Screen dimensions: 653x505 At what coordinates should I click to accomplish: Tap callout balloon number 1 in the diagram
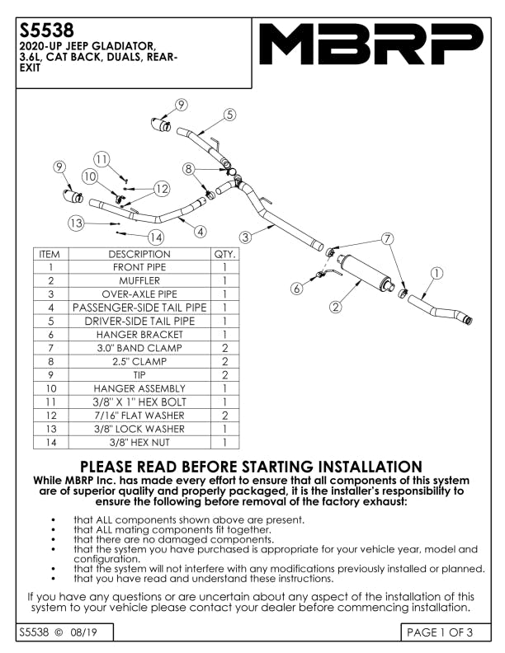coord(437,272)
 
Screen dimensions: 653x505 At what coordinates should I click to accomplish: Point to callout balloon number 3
coord(246,237)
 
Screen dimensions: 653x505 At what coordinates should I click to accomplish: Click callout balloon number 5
coord(229,115)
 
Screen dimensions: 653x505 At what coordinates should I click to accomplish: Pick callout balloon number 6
coord(296,289)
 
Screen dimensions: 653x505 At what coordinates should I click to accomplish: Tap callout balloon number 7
coord(387,238)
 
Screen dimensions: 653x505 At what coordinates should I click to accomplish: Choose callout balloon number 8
coord(189,169)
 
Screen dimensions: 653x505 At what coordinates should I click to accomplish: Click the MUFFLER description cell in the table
coord(139,280)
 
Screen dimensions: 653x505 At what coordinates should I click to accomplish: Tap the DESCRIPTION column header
coord(139,254)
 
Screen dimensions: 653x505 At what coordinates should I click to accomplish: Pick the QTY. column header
coord(224,254)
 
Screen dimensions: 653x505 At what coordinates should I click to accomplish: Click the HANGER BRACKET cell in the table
coord(139,335)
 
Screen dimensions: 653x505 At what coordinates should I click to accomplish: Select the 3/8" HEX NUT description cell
coord(139,443)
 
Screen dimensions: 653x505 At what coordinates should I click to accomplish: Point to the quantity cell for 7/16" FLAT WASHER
coord(224,416)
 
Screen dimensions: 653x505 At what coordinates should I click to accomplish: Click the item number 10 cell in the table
coord(50,388)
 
